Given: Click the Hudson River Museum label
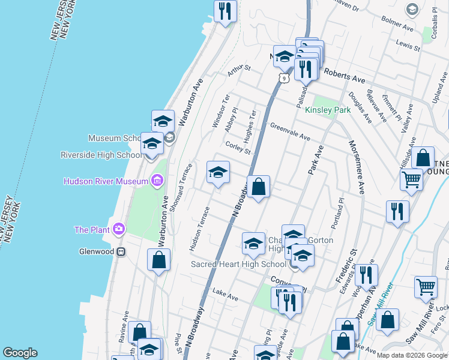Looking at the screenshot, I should (x=106, y=181).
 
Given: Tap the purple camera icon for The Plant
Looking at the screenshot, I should (x=119, y=229).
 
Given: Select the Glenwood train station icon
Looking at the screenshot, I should (x=121, y=252).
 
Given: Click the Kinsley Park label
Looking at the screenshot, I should (x=328, y=110).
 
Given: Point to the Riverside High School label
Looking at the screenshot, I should (x=101, y=155).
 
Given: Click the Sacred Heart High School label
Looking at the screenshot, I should (x=238, y=265).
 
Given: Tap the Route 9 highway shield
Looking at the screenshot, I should (x=283, y=78).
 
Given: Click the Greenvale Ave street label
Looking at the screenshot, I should (x=290, y=133).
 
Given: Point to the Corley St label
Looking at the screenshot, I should (x=238, y=148).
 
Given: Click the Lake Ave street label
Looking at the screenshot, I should (x=225, y=296).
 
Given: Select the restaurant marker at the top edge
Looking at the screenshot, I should (x=225, y=11).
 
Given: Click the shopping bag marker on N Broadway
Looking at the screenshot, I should (x=259, y=188).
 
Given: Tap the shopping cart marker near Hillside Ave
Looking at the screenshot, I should (x=411, y=179).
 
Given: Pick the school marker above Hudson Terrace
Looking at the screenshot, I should (x=218, y=173).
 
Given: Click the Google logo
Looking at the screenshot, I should (x=20, y=353).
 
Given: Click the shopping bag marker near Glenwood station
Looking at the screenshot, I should (x=158, y=260).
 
